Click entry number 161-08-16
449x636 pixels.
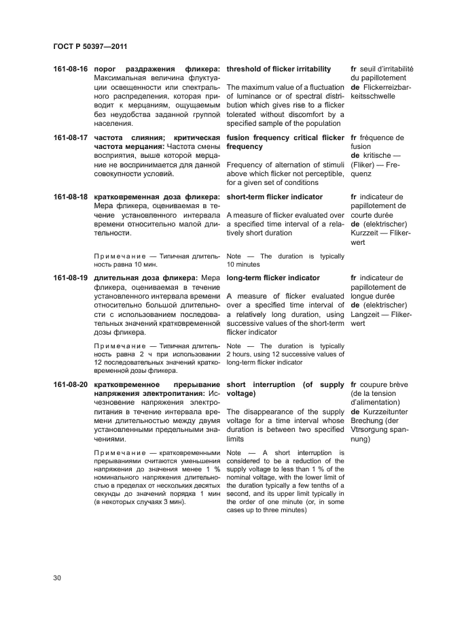(70, 69)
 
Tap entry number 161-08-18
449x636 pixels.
(70, 197)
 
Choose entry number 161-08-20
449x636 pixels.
(70, 385)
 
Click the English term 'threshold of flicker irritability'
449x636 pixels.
(279, 69)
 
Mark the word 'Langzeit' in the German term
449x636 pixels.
(367, 315)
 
